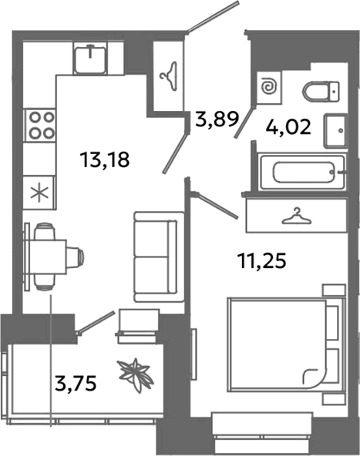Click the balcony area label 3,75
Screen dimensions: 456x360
76,382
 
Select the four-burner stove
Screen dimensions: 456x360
40,126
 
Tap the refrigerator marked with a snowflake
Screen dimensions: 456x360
39,193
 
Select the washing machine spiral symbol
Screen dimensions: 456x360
270,87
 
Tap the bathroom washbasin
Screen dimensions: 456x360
337,131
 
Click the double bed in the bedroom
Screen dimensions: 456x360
284,344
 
